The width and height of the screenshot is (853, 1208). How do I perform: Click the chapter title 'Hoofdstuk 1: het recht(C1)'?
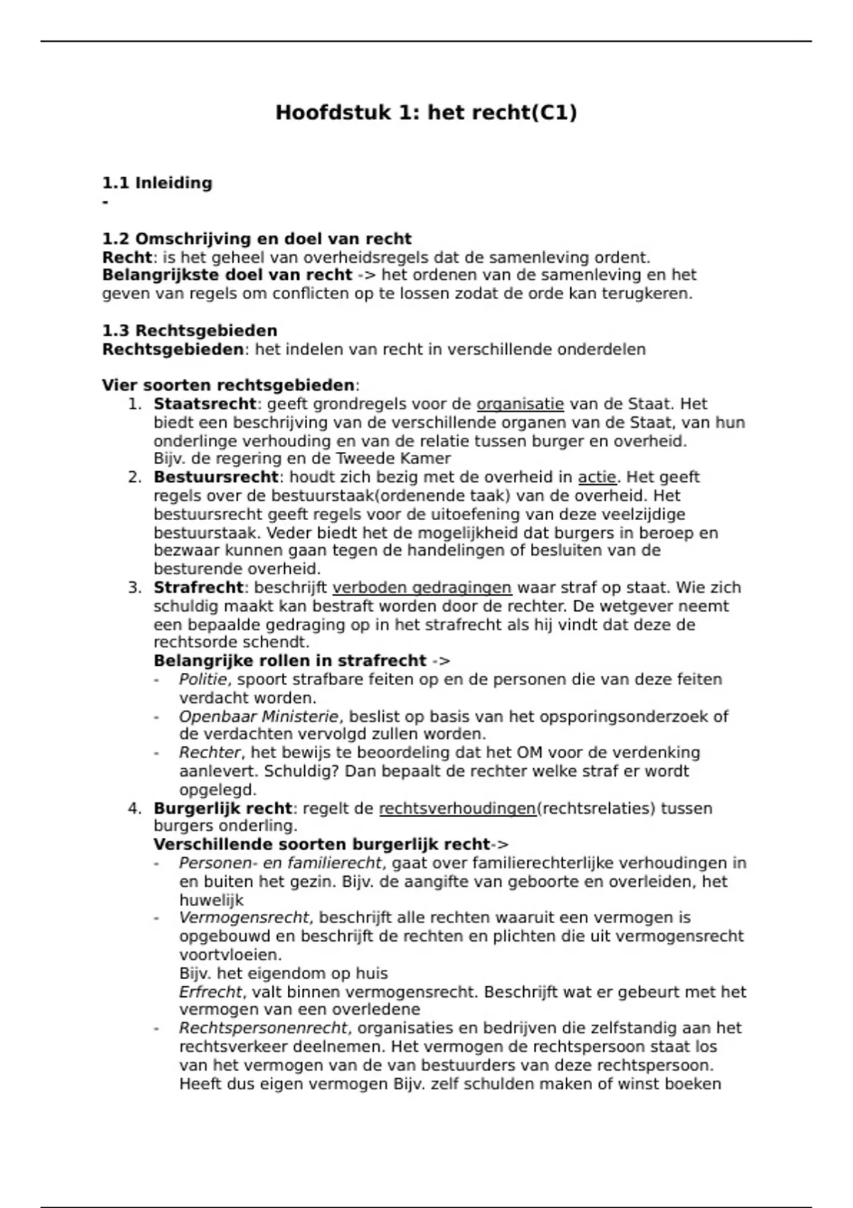[x=426, y=113]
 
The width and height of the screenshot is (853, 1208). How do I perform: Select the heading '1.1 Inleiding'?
[x=157, y=183]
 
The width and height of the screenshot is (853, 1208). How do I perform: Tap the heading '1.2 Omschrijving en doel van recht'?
[x=257, y=239]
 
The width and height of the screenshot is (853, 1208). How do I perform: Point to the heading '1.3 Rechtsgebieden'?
[x=190, y=331]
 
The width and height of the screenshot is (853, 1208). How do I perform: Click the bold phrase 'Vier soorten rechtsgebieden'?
[x=228, y=386]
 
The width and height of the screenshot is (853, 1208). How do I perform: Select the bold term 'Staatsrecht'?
[x=205, y=404]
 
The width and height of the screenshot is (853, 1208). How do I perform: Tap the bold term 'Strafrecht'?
[x=198, y=588]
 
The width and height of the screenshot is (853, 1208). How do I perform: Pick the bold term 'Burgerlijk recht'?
[x=222, y=809]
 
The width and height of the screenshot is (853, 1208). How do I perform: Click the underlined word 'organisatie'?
[x=520, y=404]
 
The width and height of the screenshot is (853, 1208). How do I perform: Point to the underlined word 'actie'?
[x=596, y=478]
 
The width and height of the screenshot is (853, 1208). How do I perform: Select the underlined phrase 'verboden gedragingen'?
[x=422, y=588]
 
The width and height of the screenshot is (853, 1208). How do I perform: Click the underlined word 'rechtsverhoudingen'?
[x=458, y=809]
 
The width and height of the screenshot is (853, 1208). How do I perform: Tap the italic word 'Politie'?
[x=203, y=680]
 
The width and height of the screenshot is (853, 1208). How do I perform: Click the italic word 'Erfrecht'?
[x=210, y=992]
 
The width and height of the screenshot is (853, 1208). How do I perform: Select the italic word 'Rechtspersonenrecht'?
[x=263, y=1028]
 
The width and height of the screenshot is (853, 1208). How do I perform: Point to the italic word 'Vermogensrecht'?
[x=245, y=918]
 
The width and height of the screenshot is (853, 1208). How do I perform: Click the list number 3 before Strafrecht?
[x=134, y=588]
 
